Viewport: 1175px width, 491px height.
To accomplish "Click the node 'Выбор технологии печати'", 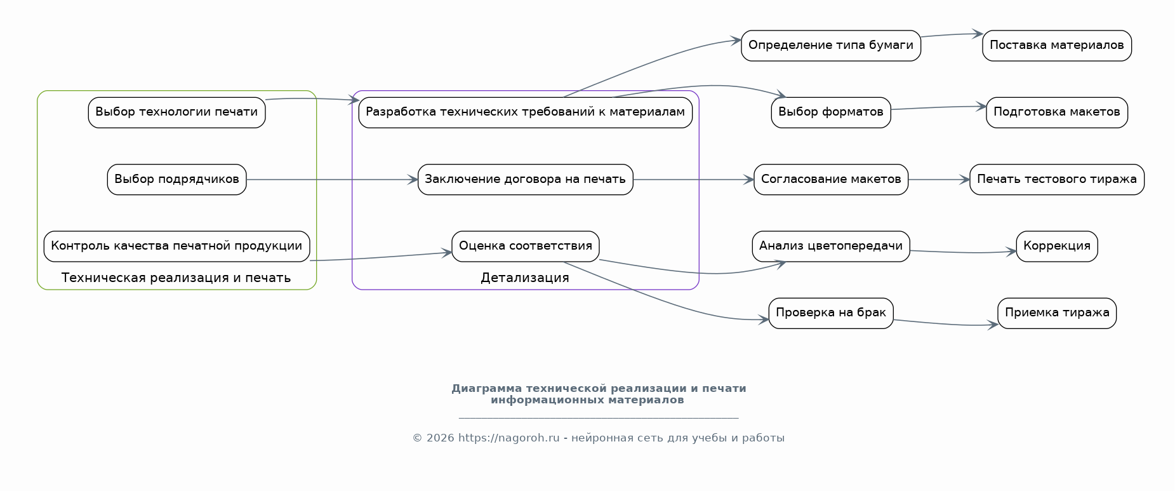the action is (176, 112).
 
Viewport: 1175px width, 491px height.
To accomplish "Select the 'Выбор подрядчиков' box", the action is (176, 180).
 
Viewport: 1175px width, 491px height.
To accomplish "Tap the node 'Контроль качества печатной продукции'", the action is (176, 246).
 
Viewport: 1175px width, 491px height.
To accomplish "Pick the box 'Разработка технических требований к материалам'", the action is (525, 112).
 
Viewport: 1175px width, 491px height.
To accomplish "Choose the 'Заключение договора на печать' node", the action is (525, 180).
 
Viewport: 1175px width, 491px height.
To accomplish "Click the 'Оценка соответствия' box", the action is (525, 246).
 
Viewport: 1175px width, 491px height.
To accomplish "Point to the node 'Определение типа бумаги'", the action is (831, 46).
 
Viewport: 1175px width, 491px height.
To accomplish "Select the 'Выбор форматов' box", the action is (831, 112).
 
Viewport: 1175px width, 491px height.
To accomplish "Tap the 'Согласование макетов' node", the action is (831, 180).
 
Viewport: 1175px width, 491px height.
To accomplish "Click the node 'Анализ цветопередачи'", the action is (831, 246).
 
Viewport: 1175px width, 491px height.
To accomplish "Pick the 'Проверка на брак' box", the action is (831, 313).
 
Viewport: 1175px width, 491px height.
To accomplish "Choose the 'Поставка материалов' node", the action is (1057, 46).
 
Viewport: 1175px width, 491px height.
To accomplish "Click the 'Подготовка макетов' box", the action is (1057, 112).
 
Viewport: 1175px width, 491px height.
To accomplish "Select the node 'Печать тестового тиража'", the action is (1057, 180).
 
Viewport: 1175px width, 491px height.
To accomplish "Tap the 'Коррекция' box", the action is (1057, 246).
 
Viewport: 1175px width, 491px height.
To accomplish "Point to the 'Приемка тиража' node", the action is (1057, 313).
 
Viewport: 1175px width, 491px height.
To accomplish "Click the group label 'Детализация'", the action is (525, 278).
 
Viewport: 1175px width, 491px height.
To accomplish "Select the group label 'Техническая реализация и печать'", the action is (176, 278).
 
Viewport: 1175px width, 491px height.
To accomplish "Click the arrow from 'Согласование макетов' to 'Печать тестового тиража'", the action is (939, 180).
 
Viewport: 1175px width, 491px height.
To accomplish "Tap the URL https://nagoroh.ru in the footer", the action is (509, 438).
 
